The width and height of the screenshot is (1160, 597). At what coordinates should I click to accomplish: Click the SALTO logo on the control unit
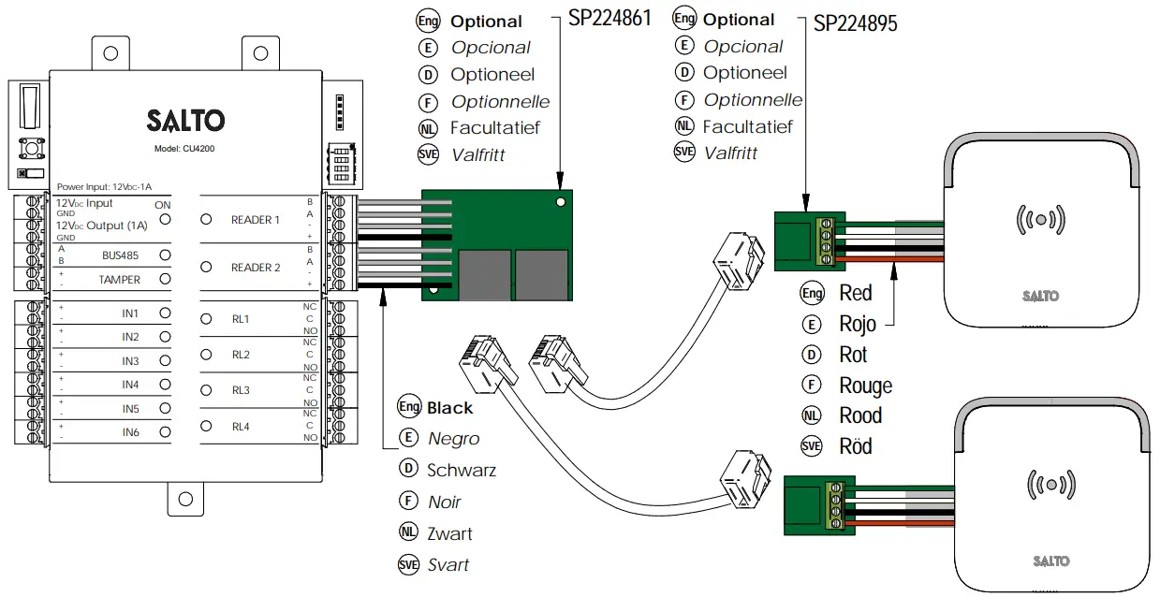click(x=185, y=120)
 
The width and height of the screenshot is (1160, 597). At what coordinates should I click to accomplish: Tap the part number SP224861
click(x=609, y=20)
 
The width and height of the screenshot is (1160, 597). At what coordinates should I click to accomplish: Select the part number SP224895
click(x=855, y=23)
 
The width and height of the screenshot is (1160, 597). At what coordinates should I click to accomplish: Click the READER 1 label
click(x=256, y=220)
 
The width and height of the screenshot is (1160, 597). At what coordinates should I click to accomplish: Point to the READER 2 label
click(x=256, y=268)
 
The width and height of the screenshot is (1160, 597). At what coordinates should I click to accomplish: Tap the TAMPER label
click(x=120, y=279)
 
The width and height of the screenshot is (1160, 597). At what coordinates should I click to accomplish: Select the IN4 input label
click(x=130, y=385)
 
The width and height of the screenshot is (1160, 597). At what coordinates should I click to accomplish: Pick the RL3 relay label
click(x=241, y=390)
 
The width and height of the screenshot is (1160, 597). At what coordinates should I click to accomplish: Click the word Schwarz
click(x=462, y=471)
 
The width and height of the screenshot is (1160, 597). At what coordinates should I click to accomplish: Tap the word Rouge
click(x=865, y=386)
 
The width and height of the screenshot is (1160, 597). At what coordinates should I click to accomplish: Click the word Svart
click(x=448, y=565)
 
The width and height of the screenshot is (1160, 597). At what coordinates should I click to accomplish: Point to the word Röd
click(x=856, y=446)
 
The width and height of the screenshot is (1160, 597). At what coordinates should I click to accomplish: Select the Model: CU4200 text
click(x=185, y=149)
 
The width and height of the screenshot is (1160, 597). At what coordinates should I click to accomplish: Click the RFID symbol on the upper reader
click(x=1040, y=220)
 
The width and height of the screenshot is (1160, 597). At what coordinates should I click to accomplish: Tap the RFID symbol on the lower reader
click(x=1052, y=485)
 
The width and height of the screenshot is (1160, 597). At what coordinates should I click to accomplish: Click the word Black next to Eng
click(x=450, y=408)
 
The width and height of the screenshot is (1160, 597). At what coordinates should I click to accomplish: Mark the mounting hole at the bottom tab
click(x=185, y=498)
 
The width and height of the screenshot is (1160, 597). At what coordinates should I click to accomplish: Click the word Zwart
click(x=449, y=534)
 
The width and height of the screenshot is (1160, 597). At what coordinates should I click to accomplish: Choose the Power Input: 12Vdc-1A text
click(x=104, y=187)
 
